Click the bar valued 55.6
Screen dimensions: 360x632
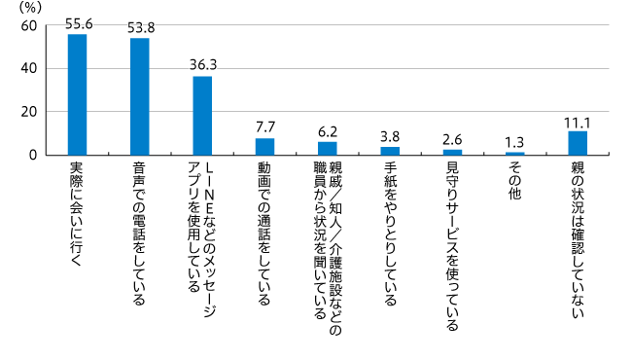pyautogui.click(x=77, y=94)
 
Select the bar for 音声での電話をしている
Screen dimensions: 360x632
pyautogui.click(x=139, y=96)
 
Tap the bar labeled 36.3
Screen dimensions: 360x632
pyautogui.click(x=202, y=115)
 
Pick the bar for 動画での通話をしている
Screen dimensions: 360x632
pyautogui.click(x=264, y=146)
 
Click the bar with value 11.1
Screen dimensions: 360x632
pyautogui.click(x=578, y=143)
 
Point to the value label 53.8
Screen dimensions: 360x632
pyautogui.click(x=140, y=27)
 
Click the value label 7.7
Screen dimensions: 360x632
pyautogui.click(x=265, y=127)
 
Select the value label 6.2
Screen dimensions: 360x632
pyautogui.click(x=328, y=130)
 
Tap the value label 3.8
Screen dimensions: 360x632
pyautogui.click(x=390, y=135)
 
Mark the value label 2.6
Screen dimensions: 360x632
pyautogui.click(x=453, y=138)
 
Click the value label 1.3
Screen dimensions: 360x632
pyautogui.click(x=515, y=141)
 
